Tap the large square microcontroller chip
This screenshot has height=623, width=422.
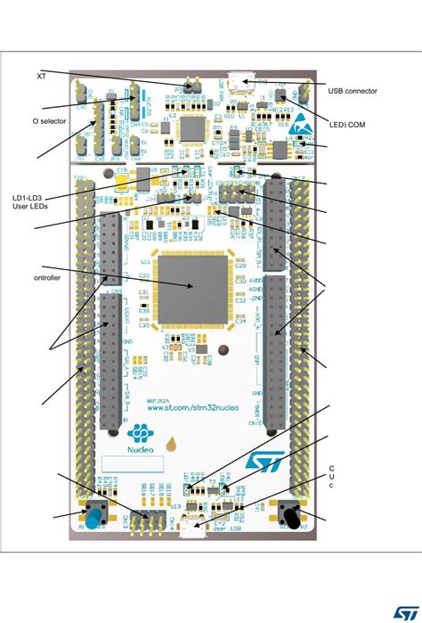(x=193, y=286)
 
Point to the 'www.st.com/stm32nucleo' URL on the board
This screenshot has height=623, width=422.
(x=193, y=408)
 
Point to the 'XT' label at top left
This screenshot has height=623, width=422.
(x=41, y=76)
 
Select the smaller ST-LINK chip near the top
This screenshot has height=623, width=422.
(x=193, y=128)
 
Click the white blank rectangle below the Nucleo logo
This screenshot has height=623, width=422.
(x=132, y=463)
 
